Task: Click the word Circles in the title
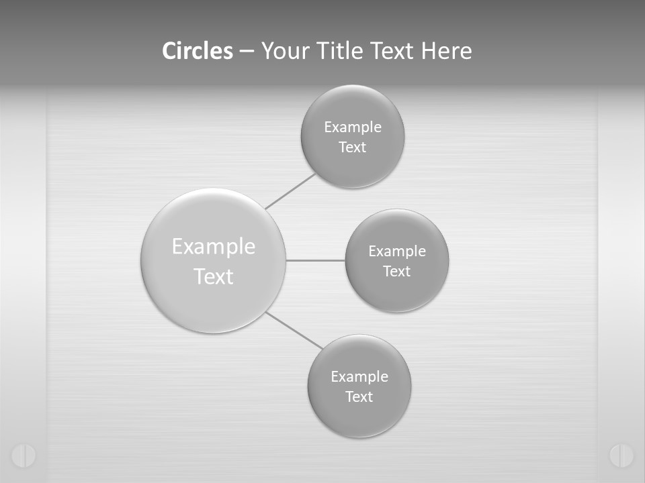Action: [x=198, y=51]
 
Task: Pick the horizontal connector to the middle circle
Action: [x=316, y=260]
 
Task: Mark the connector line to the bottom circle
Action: [x=294, y=330]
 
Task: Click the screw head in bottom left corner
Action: [x=24, y=455]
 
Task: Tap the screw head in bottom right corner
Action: [x=621, y=455]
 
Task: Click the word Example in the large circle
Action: [x=214, y=246]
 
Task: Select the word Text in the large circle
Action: [x=214, y=276]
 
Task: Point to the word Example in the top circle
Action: [x=353, y=127]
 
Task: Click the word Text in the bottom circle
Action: [x=359, y=397]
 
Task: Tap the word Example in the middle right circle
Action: [x=397, y=252]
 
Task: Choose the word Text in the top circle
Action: [x=352, y=148]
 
